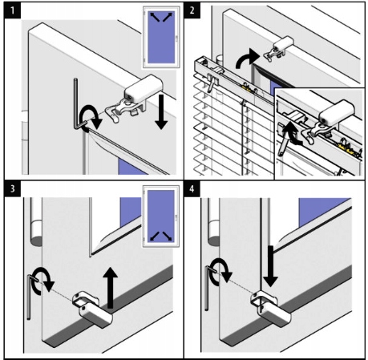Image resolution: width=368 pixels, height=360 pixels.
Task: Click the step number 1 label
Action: click(x=12, y=10)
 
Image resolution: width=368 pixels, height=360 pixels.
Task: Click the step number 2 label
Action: click(x=192, y=10)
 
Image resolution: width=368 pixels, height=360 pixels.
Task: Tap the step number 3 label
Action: click(x=12, y=189)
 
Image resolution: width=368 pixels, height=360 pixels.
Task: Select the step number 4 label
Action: click(x=192, y=189)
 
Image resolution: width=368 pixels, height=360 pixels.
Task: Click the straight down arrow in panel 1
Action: click(x=161, y=111)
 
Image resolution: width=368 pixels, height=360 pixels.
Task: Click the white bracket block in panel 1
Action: click(x=144, y=88)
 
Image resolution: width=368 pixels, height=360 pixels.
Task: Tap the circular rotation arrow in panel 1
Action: click(x=91, y=118)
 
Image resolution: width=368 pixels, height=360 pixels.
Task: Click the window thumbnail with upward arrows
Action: click(x=161, y=37)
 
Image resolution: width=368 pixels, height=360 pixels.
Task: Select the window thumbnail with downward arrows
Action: click(x=161, y=216)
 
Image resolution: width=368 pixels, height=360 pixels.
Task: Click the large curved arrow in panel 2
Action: click(x=246, y=59)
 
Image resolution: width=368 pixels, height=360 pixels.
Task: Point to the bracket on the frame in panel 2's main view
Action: click(x=279, y=49)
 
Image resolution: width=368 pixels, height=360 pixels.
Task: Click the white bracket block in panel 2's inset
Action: click(x=337, y=111)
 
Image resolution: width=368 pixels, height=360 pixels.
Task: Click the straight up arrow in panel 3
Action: click(x=111, y=288)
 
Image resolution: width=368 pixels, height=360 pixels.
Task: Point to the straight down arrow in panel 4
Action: click(x=270, y=266)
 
